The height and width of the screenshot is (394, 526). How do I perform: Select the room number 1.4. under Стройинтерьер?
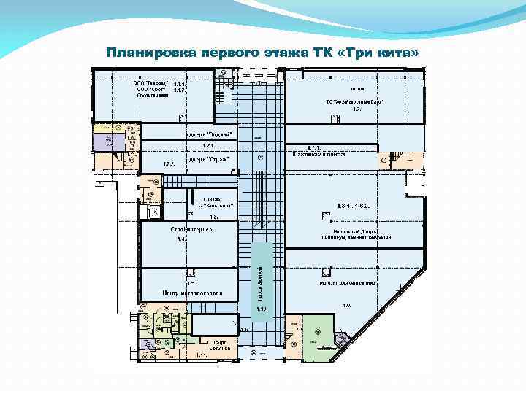(x=183, y=239)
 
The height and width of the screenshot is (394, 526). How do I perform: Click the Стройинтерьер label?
(x=191, y=230)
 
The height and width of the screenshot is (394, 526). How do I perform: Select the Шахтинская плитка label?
(x=323, y=155)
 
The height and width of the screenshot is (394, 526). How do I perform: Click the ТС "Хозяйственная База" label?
(x=356, y=101)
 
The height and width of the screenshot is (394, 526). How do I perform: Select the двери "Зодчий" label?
(x=211, y=135)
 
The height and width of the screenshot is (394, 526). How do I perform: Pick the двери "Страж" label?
(x=209, y=158)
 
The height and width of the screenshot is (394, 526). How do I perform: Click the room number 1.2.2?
(x=169, y=163)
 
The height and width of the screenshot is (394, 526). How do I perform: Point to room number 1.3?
(x=213, y=216)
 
